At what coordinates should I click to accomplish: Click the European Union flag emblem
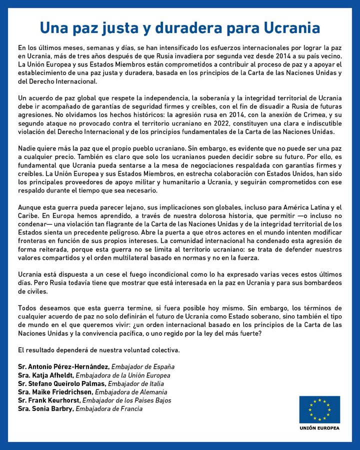[x=319, y=409]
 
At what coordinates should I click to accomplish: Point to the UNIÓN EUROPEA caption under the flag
[x=319, y=428]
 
